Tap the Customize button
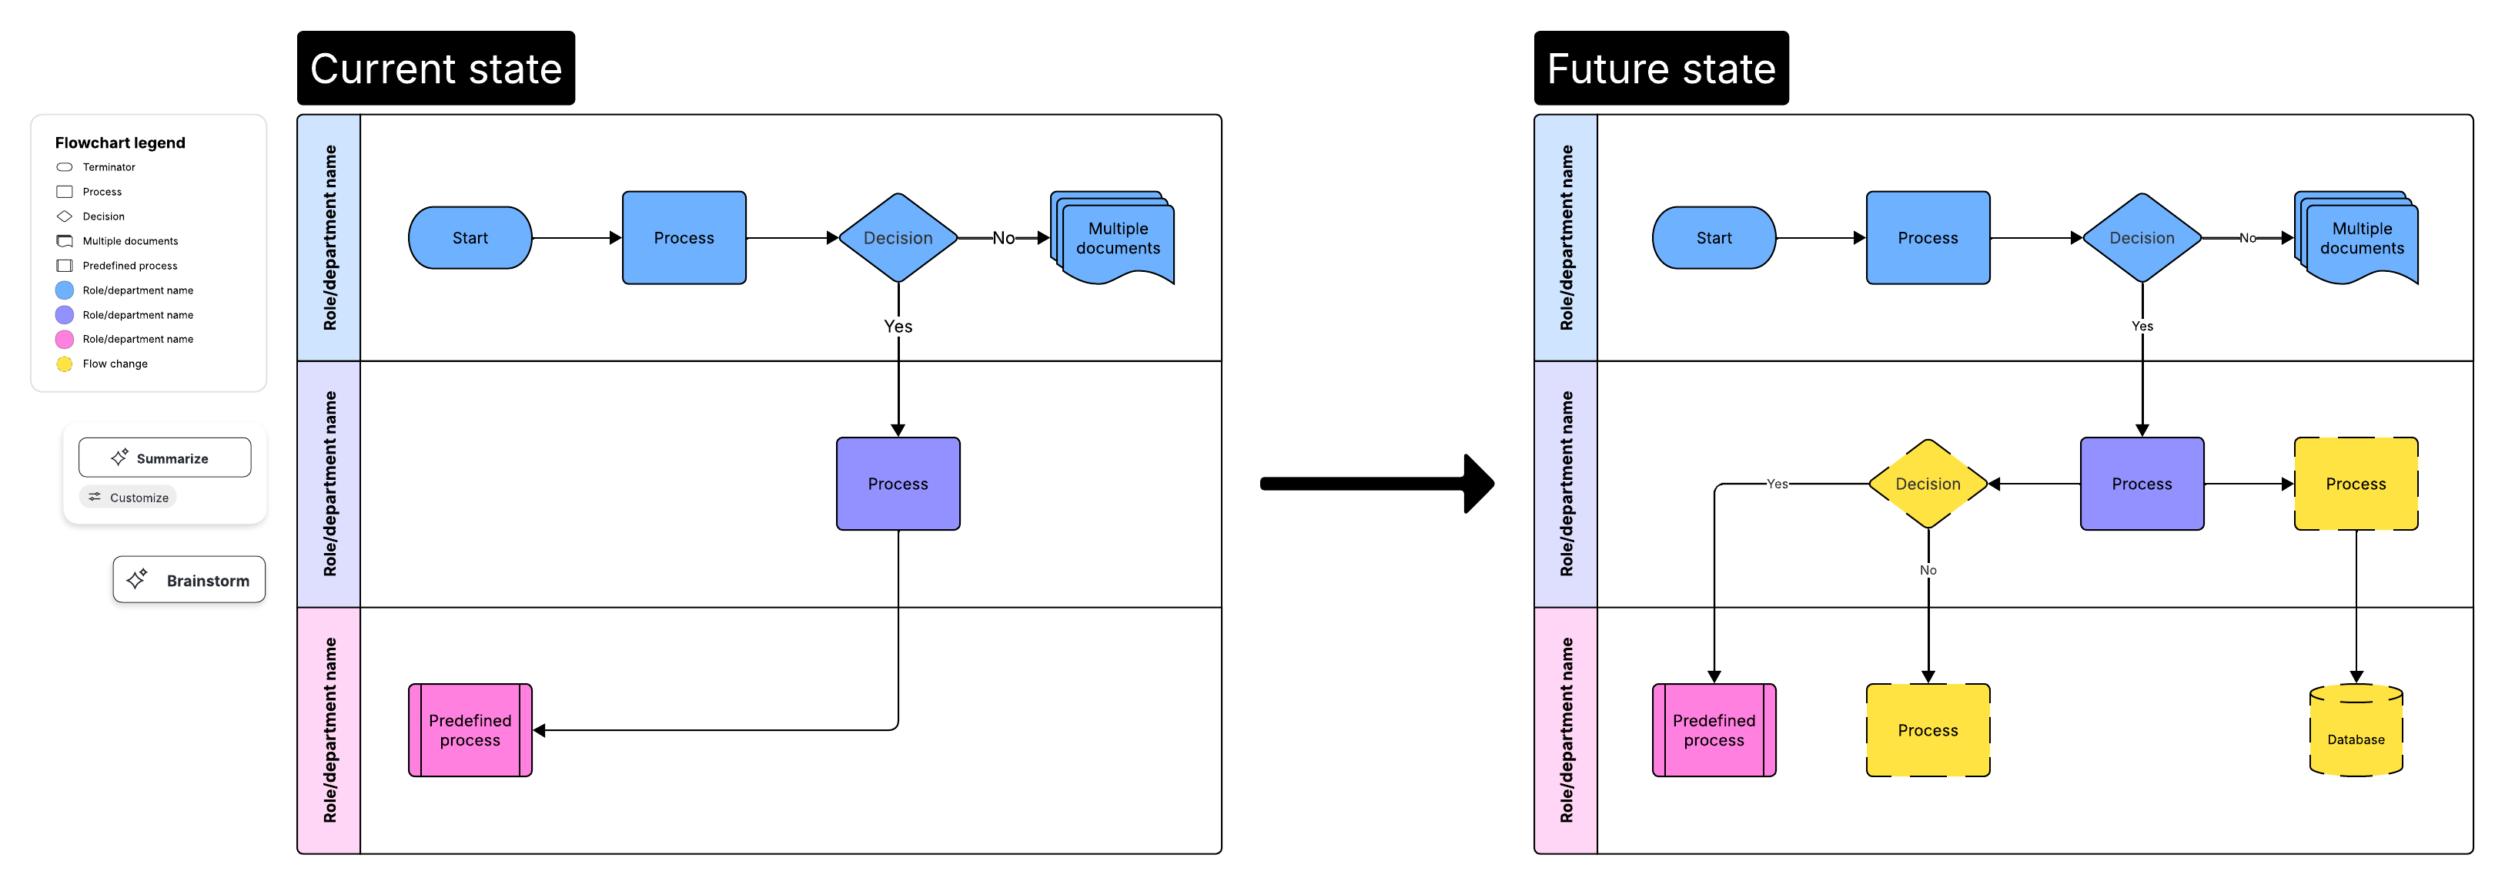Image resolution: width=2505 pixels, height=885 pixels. tap(129, 498)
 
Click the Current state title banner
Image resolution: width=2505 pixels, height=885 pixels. tap(436, 68)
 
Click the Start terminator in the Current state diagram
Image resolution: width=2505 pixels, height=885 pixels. tap(470, 238)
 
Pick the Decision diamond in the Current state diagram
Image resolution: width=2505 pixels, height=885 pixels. tap(898, 238)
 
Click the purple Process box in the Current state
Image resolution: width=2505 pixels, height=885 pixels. tap(898, 484)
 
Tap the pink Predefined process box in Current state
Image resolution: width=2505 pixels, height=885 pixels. tap(470, 730)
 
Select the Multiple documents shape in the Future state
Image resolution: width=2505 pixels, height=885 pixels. tap(2360, 238)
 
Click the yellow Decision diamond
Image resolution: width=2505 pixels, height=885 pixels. tap(1928, 484)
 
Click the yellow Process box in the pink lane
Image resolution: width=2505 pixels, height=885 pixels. tap(1928, 730)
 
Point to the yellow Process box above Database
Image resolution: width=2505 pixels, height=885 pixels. tap(2355, 484)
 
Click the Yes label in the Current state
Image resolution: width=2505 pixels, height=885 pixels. tap(898, 327)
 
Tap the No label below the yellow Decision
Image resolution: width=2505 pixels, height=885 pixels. tap(1928, 571)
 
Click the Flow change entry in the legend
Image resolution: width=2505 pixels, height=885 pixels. tap(115, 364)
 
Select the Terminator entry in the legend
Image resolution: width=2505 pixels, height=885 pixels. tap(108, 167)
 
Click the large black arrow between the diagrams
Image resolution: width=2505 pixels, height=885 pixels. tap(1376, 484)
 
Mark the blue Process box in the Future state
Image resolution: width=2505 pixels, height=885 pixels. tap(1928, 238)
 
